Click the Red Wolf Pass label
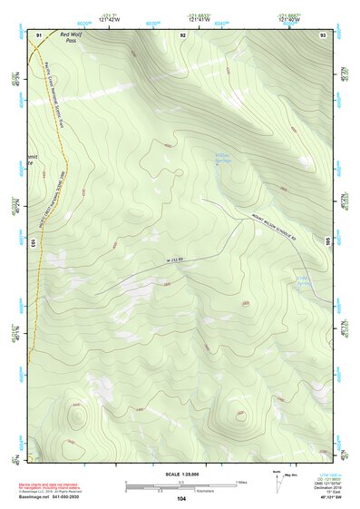point(70,37)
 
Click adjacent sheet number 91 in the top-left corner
point(38,34)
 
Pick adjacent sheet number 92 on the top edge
point(183,34)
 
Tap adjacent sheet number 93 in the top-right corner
point(323,34)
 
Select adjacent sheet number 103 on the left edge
point(34,242)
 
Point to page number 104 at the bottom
point(181,498)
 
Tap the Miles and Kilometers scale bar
point(181,485)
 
